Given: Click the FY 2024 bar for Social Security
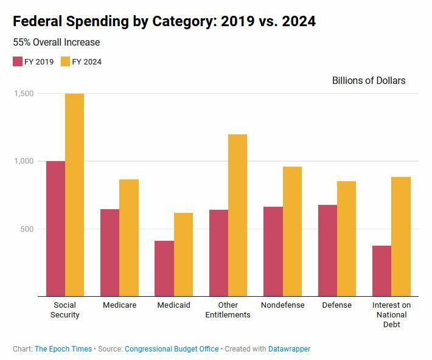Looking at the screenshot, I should pos(74,195).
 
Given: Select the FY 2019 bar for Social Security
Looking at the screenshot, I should pos(55,229).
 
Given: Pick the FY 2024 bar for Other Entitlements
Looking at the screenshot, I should pos(237,215).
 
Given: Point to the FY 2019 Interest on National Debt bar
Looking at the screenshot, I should pos(381,271).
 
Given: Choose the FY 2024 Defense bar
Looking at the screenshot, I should pos(346,238).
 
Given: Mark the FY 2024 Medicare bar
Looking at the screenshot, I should pos(129,238).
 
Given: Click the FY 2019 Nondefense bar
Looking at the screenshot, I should pos(273,251).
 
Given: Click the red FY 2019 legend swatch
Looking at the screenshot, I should pos(18,61).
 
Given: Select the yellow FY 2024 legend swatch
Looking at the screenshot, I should pos(66,61).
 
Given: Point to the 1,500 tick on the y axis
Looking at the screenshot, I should pos(23,94).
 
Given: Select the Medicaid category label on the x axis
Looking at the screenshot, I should pos(173,305).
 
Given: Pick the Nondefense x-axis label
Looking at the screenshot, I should pos(282,305).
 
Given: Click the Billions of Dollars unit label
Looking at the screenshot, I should pos(369,80).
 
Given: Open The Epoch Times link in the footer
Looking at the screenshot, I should pos(63,349).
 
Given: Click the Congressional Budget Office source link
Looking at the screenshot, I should pos(172,349).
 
